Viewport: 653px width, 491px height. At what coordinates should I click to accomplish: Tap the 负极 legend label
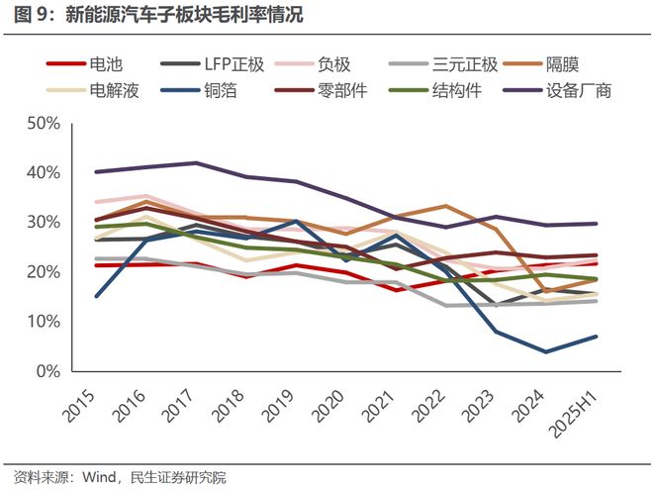333,65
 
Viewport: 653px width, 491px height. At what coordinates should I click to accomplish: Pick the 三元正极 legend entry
468,65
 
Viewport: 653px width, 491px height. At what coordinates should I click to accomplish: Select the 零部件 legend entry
333,91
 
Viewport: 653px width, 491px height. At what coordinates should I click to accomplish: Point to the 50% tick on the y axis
45,124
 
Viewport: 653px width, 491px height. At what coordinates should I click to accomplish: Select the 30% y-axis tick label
45,223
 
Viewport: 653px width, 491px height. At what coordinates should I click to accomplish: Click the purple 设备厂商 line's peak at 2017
196,163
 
